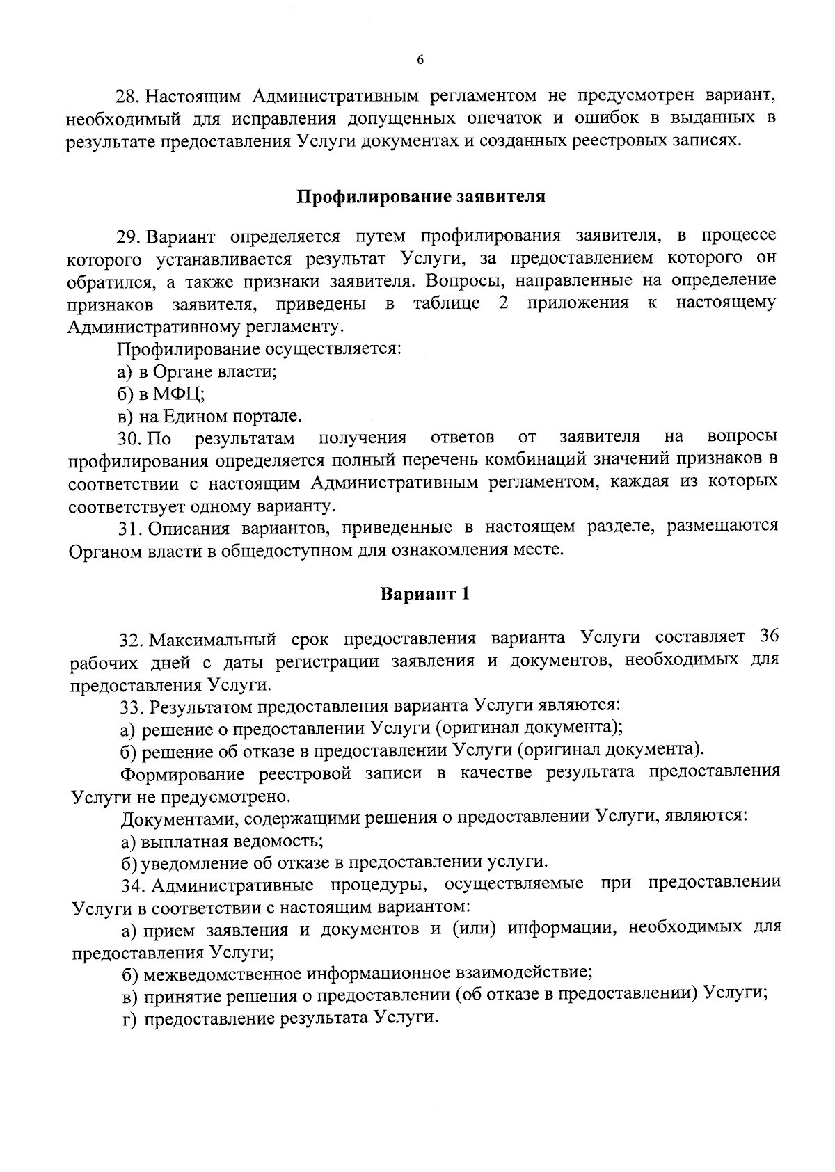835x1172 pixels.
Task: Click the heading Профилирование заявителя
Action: point(421,196)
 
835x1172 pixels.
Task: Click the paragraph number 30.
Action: point(129,438)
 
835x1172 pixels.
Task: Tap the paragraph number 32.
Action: point(131,639)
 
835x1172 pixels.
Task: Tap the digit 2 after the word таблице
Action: point(503,304)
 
